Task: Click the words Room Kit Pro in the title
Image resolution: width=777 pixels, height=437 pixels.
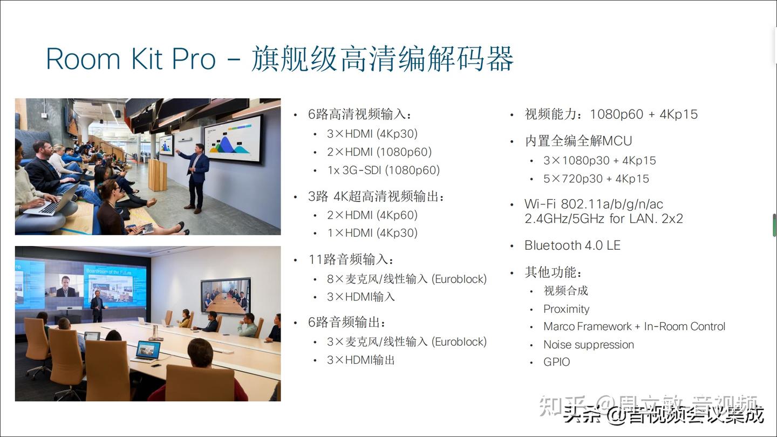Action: [x=131, y=59]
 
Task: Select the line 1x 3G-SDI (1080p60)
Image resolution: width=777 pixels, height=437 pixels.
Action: [x=383, y=170]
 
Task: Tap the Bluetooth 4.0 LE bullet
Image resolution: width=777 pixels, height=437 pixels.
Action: [x=572, y=245]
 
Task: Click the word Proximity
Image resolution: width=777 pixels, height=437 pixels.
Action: [x=566, y=309]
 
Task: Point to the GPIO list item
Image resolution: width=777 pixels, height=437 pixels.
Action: [x=556, y=362]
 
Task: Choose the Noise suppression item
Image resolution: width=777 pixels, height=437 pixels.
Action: [x=588, y=345]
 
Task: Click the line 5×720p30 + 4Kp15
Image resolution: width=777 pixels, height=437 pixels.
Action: [x=596, y=179]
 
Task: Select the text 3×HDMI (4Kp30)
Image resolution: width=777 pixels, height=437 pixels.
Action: [x=372, y=134]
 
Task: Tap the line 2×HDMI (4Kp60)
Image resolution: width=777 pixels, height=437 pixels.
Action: [x=372, y=215]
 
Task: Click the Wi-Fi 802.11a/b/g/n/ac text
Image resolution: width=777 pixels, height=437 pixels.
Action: [x=594, y=204]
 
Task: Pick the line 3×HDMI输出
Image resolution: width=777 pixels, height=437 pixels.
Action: [x=360, y=360]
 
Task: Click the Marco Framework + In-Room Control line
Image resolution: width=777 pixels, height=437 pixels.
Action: [x=634, y=326]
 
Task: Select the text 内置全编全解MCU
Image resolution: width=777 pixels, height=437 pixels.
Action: [x=578, y=141]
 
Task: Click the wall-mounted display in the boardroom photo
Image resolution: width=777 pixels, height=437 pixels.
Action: [x=226, y=296]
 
